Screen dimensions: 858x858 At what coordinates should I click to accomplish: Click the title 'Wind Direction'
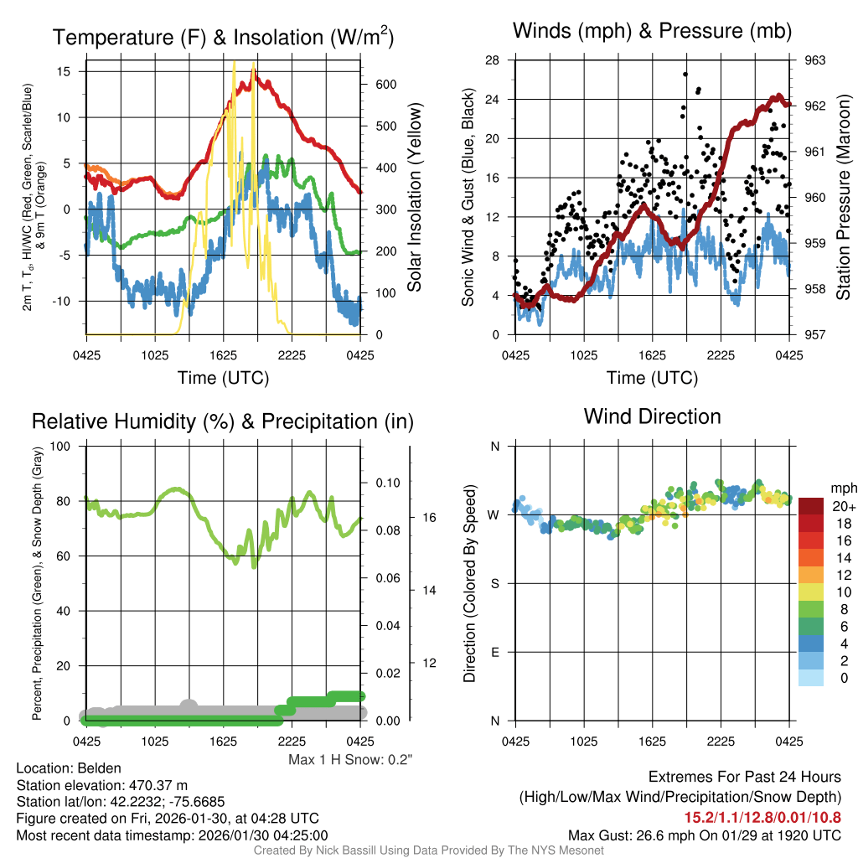coord(652,416)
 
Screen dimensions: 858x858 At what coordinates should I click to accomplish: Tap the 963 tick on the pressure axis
coord(815,60)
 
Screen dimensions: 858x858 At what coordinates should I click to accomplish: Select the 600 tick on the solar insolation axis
coord(385,85)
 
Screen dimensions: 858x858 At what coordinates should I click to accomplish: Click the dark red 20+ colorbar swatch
coord(813,506)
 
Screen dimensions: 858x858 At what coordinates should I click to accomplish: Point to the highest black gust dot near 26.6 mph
coord(685,74)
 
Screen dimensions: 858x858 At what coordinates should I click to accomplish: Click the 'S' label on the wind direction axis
coord(494,583)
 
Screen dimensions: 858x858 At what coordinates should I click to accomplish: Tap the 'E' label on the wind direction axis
coord(494,652)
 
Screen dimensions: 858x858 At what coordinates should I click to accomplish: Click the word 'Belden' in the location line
coord(100,768)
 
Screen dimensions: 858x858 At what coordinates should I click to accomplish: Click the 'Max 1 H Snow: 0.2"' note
coord(351,760)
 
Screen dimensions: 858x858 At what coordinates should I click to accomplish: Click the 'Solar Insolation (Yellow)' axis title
coord(415,198)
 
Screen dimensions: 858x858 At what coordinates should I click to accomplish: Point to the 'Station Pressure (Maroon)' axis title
coord(844,198)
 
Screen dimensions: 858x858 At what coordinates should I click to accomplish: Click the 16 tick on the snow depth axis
coord(428,518)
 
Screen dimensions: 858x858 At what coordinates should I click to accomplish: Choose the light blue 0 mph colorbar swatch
coord(813,679)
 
